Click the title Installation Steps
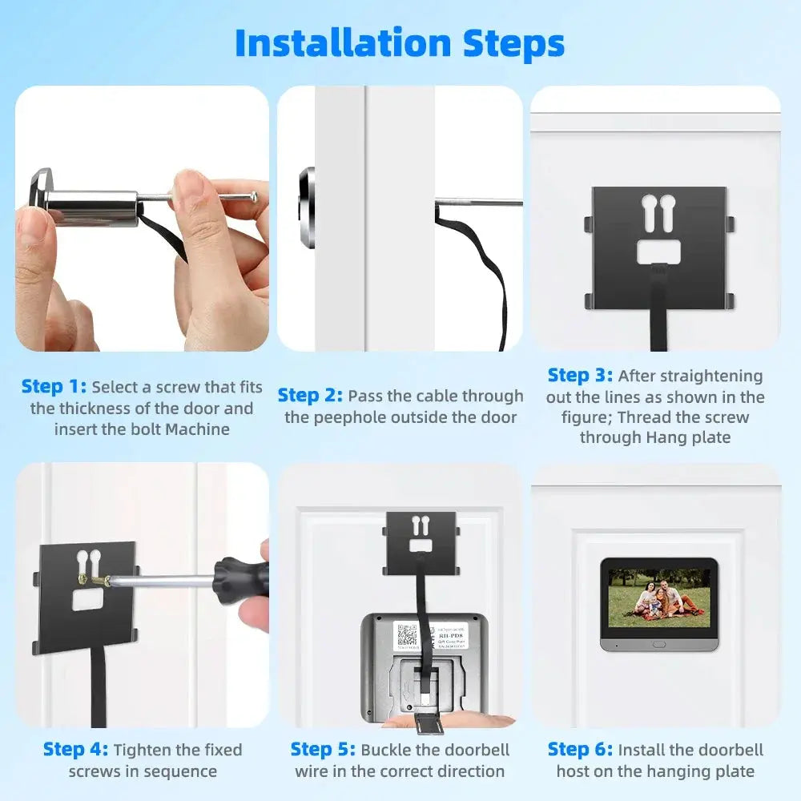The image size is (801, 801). [x=400, y=43]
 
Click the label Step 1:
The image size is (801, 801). [x=54, y=387]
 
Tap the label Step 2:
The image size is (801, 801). [x=310, y=396]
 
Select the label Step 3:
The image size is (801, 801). [x=580, y=376]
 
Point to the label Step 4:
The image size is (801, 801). [x=75, y=750]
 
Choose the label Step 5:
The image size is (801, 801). [x=323, y=750]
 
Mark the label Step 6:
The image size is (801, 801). [x=580, y=750]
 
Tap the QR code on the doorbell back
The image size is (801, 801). [x=406, y=636]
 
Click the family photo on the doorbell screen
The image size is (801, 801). [x=658, y=598]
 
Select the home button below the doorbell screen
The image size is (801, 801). [x=658, y=643]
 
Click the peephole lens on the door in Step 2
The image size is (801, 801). [x=308, y=207]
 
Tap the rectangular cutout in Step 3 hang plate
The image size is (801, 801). [x=658, y=252]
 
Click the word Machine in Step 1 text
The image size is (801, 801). [x=198, y=429]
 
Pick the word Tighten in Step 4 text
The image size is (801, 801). [x=144, y=750]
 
